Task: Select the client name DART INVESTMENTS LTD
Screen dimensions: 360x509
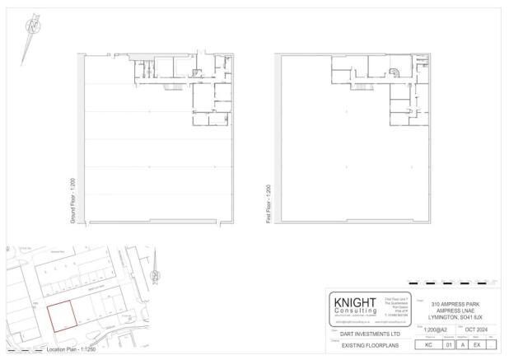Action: [365, 334]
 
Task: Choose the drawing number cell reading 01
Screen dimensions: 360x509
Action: [449, 346]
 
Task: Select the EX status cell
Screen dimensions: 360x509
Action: [477, 346]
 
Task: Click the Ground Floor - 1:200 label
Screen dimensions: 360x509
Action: [73, 205]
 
